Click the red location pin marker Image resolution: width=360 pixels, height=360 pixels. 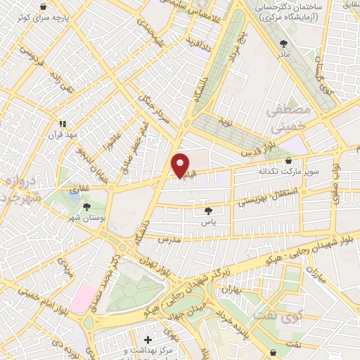(180, 165)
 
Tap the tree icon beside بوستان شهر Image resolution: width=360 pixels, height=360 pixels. (86, 207)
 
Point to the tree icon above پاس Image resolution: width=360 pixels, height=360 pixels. (208, 210)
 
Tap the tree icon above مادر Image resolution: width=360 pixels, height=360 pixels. (284, 43)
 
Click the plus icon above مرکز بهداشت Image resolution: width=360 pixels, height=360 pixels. (147, 340)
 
